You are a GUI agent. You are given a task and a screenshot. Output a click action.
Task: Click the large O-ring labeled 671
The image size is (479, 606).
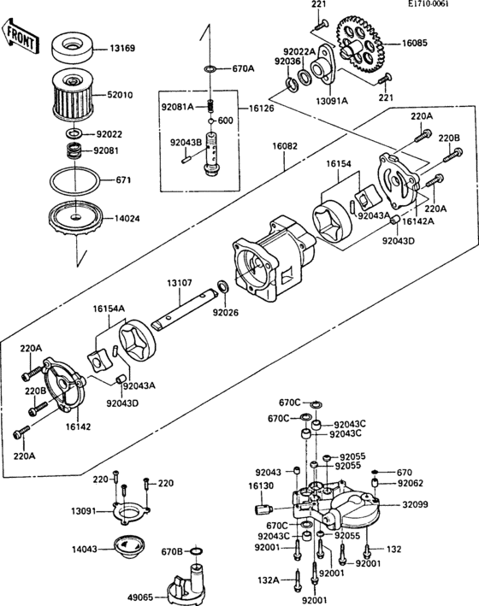point(72,181)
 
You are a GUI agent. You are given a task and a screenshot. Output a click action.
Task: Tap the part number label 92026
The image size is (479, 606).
point(225,313)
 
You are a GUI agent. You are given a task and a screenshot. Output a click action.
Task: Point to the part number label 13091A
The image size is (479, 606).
point(334,100)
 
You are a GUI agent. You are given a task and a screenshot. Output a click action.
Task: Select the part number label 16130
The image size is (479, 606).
point(260,485)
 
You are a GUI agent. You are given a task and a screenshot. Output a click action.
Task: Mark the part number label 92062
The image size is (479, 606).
point(410,482)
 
